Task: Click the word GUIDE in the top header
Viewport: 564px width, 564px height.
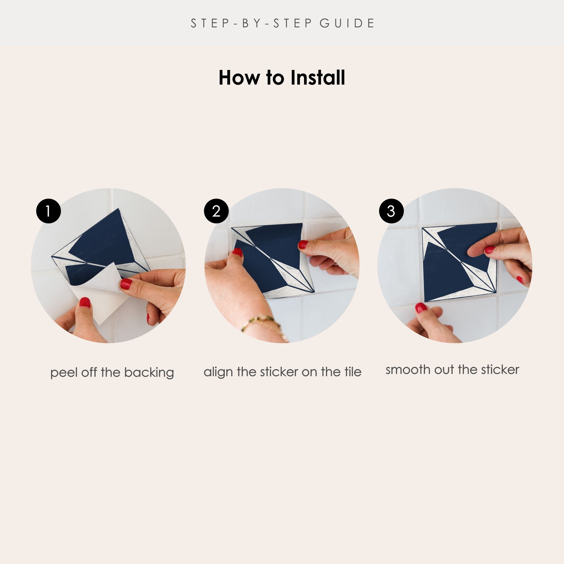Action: (x=347, y=23)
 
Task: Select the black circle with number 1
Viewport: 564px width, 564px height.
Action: (x=49, y=211)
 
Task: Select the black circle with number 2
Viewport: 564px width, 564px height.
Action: (x=216, y=211)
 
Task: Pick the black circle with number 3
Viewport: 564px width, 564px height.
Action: (x=391, y=211)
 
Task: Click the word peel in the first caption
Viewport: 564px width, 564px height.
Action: (x=64, y=373)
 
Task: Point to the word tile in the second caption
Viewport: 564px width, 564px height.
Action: (x=353, y=372)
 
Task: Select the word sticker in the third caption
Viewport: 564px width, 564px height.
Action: (x=500, y=370)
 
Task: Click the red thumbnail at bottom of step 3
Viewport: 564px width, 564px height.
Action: (x=421, y=308)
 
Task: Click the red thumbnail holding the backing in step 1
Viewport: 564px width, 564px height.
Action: (x=85, y=303)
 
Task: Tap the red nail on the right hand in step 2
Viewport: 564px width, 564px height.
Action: (x=303, y=244)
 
